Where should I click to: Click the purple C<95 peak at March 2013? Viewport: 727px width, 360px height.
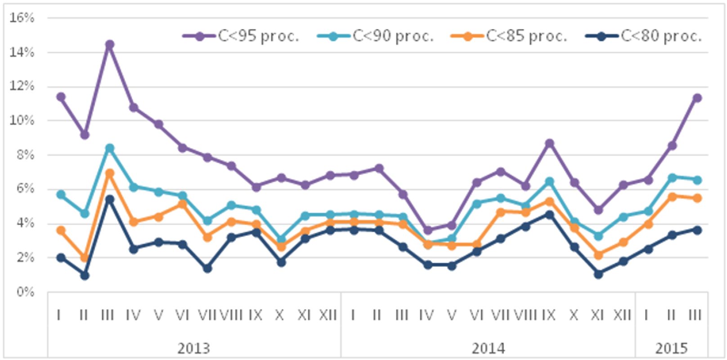coord(109,45)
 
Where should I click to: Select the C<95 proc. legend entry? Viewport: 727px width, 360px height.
coord(241,36)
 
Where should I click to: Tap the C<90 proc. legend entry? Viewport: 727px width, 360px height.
coord(375,36)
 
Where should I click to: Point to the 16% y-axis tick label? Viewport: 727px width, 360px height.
coord(22,18)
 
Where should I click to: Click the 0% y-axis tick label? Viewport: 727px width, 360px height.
coord(25,292)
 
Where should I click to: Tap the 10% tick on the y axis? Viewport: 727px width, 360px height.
coord(22,121)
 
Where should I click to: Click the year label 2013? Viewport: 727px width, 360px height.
coord(193,348)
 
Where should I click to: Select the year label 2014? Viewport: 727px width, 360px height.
coord(488,348)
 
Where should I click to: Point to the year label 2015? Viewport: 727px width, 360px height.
coord(671,348)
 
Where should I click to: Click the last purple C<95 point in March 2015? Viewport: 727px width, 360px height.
coord(697,98)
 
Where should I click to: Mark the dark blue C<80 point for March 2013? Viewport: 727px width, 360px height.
coord(109,199)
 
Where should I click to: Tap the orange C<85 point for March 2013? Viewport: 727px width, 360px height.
coord(109,173)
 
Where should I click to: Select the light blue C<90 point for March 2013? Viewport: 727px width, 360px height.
coord(109,148)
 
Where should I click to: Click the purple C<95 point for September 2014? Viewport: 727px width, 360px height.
coord(549,144)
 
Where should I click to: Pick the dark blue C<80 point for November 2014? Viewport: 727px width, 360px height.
coord(598,274)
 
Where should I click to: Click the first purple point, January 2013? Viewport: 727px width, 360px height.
coord(61,97)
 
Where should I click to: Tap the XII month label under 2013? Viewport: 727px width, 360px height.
coord(328,315)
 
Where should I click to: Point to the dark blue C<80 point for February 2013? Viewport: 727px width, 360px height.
coord(85,275)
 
